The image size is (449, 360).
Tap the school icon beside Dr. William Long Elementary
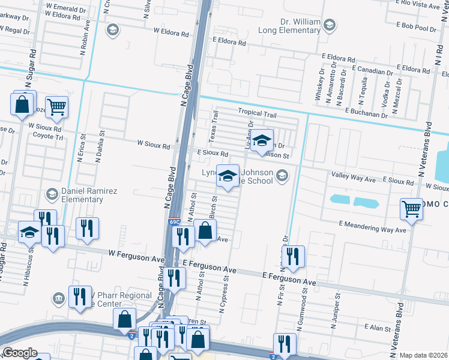328,25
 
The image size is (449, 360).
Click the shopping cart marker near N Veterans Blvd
412,209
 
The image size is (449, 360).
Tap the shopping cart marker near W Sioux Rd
56,108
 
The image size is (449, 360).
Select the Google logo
20,353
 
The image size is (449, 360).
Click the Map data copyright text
424,355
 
